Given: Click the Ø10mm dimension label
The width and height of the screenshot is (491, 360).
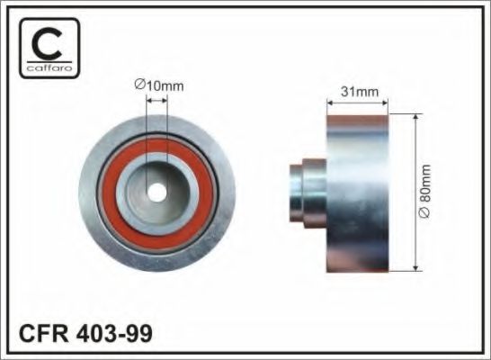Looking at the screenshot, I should click(157, 85).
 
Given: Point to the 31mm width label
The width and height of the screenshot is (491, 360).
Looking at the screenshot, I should click(358, 91).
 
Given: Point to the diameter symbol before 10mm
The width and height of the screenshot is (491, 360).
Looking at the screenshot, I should click(139, 85).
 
